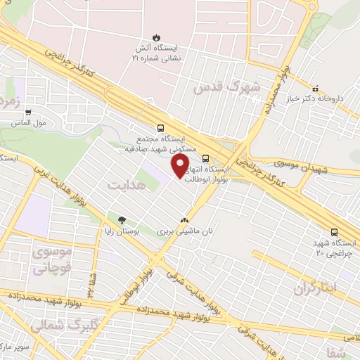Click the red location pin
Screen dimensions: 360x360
click(181, 165)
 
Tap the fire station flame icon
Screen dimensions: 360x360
click(155, 37)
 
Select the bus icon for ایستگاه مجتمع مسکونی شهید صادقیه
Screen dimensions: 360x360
click(161, 128)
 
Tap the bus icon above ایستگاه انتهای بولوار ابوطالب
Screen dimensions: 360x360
click(205, 157)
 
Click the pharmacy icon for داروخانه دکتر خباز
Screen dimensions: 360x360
click(316, 89)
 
